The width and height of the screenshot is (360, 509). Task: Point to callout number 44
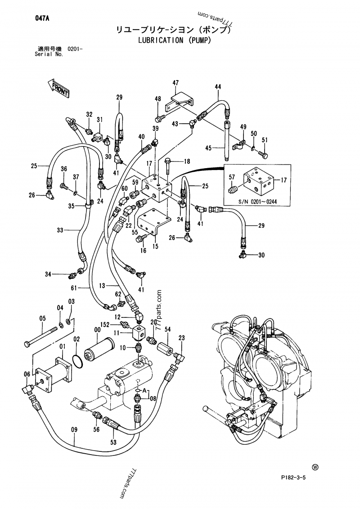(218, 86)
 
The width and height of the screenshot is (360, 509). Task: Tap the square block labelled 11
(138, 333)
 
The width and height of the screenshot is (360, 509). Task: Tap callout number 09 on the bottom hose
(75, 429)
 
